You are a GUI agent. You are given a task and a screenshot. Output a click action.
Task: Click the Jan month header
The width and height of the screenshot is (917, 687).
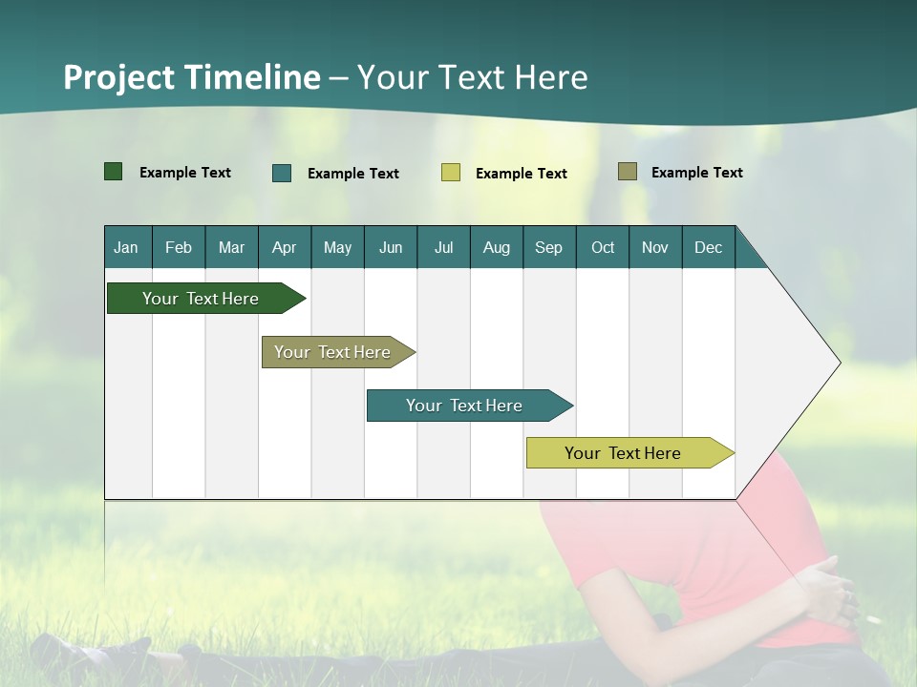pyautogui.click(x=126, y=248)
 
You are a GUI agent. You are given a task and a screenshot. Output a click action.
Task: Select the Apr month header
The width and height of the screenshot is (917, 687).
pyautogui.click(x=284, y=248)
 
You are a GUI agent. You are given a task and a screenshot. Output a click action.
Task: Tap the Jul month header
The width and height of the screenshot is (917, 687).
pyautogui.click(x=443, y=248)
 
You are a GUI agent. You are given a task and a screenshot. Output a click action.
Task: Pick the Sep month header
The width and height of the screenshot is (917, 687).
pyautogui.click(x=548, y=248)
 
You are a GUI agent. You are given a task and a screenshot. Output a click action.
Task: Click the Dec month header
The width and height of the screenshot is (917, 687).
pyautogui.click(x=708, y=248)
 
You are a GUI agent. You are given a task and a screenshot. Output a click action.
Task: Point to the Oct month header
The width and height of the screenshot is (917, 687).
pyautogui.click(x=603, y=248)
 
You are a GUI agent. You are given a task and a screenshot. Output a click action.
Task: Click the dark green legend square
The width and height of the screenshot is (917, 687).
pyautogui.click(x=114, y=172)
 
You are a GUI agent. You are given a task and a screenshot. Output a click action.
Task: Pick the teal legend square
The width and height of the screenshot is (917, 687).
pyautogui.click(x=282, y=173)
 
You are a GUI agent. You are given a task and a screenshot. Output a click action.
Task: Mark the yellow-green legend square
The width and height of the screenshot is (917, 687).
pyautogui.click(x=451, y=173)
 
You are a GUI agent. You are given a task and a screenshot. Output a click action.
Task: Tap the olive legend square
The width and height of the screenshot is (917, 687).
pyautogui.click(x=628, y=172)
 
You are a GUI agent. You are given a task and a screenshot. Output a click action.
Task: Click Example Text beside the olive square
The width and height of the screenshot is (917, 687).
pyautogui.click(x=696, y=173)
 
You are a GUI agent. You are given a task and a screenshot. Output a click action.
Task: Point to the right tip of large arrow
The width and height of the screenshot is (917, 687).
pyautogui.click(x=838, y=363)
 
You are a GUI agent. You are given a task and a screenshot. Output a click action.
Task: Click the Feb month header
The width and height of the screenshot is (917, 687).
pyautogui.click(x=179, y=248)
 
